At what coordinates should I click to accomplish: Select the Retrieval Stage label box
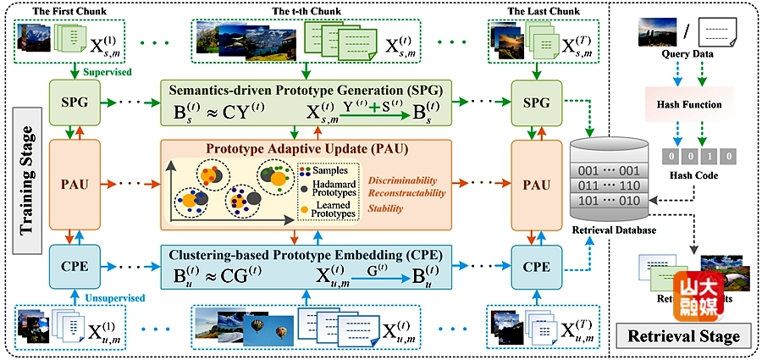(685, 335)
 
